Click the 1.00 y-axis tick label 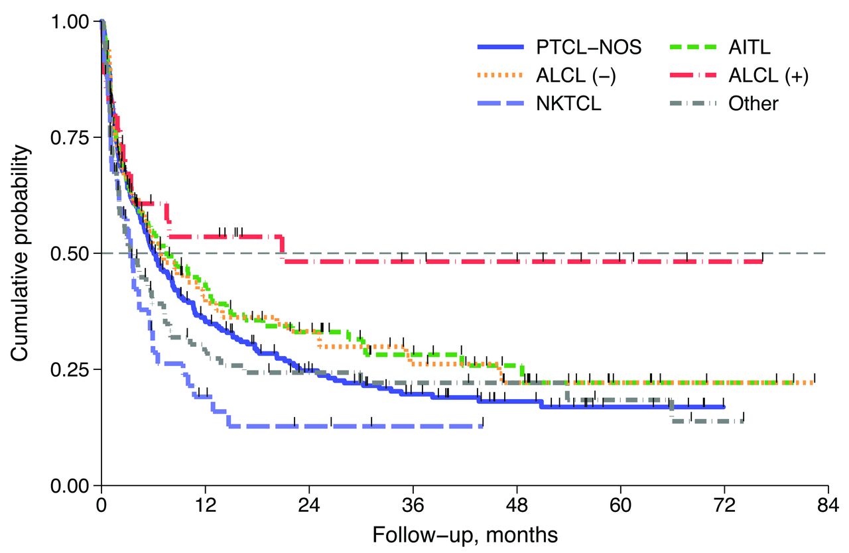coord(70,21)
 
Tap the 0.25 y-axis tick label coord(70,369)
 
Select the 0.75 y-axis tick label coord(70,137)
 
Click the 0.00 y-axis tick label coord(70,485)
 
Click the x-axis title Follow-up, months coord(464,534)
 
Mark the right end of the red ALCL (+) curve coord(762,262)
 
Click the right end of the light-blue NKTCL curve coord(482,426)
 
